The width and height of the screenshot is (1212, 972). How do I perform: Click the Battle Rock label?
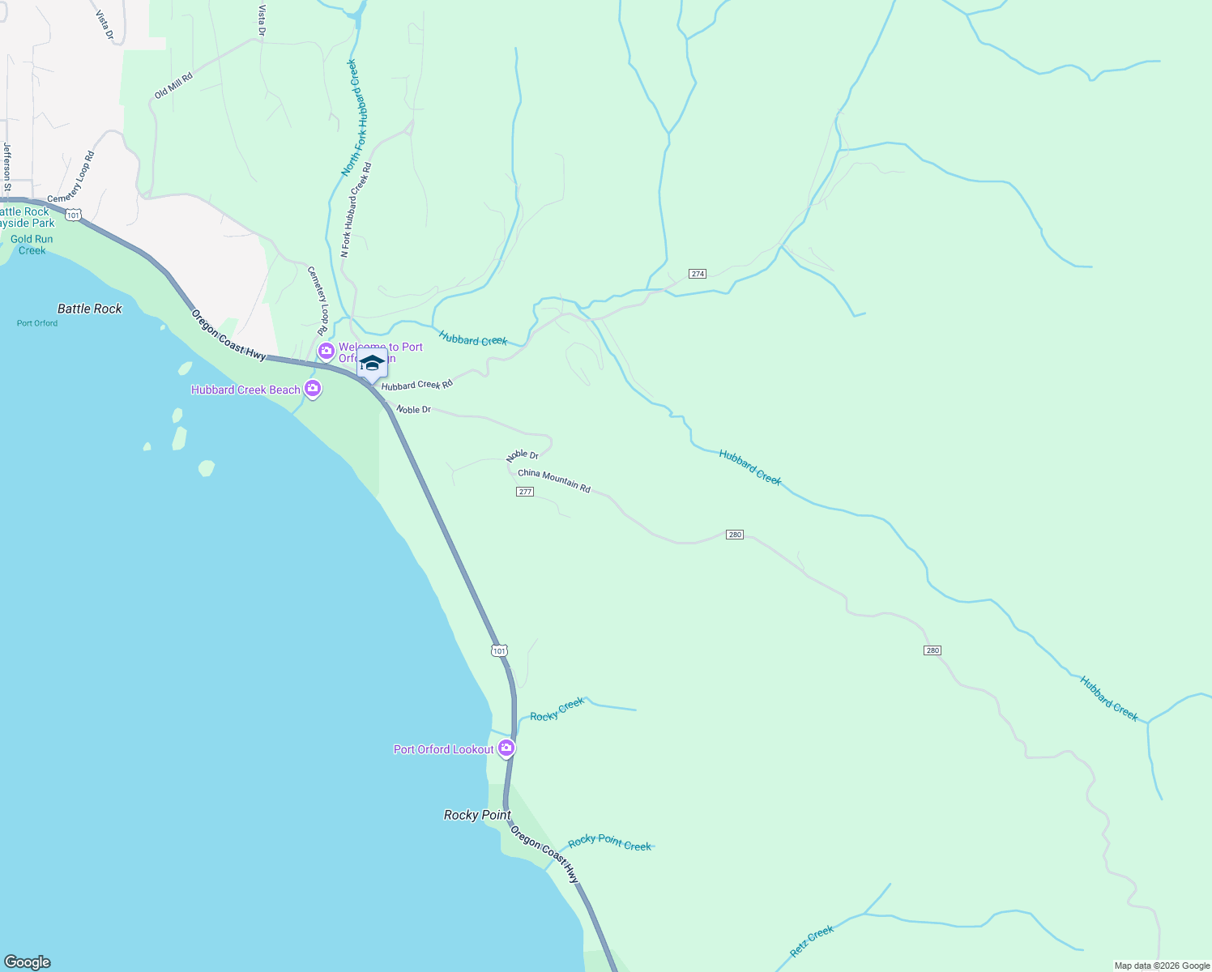(x=89, y=309)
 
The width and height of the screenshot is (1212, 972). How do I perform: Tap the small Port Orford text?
(x=37, y=323)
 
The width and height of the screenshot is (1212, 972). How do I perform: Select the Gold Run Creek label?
(x=32, y=245)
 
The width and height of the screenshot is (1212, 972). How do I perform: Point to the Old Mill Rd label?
(x=173, y=86)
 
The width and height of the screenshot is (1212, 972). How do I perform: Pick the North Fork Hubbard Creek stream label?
(x=350, y=117)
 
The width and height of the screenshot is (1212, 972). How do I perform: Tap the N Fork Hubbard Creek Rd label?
(x=356, y=210)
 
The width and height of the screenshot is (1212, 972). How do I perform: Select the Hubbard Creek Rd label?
(x=416, y=385)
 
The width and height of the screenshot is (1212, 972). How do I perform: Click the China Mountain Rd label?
(x=554, y=480)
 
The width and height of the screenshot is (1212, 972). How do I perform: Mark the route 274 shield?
(x=698, y=274)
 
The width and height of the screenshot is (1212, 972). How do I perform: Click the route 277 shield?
(x=525, y=492)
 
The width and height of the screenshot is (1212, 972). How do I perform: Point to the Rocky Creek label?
(x=557, y=710)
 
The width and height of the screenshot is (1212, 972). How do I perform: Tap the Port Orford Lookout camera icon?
(x=506, y=748)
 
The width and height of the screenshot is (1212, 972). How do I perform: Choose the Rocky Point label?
(x=477, y=815)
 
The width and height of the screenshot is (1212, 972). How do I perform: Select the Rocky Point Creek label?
(x=609, y=843)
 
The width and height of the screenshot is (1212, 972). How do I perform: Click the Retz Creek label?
(x=812, y=942)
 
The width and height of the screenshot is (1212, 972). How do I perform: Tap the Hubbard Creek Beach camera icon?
(x=313, y=389)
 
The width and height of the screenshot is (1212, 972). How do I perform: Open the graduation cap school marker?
(x=372, y=364)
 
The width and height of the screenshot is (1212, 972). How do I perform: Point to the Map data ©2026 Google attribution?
(x=1162, y=966)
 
